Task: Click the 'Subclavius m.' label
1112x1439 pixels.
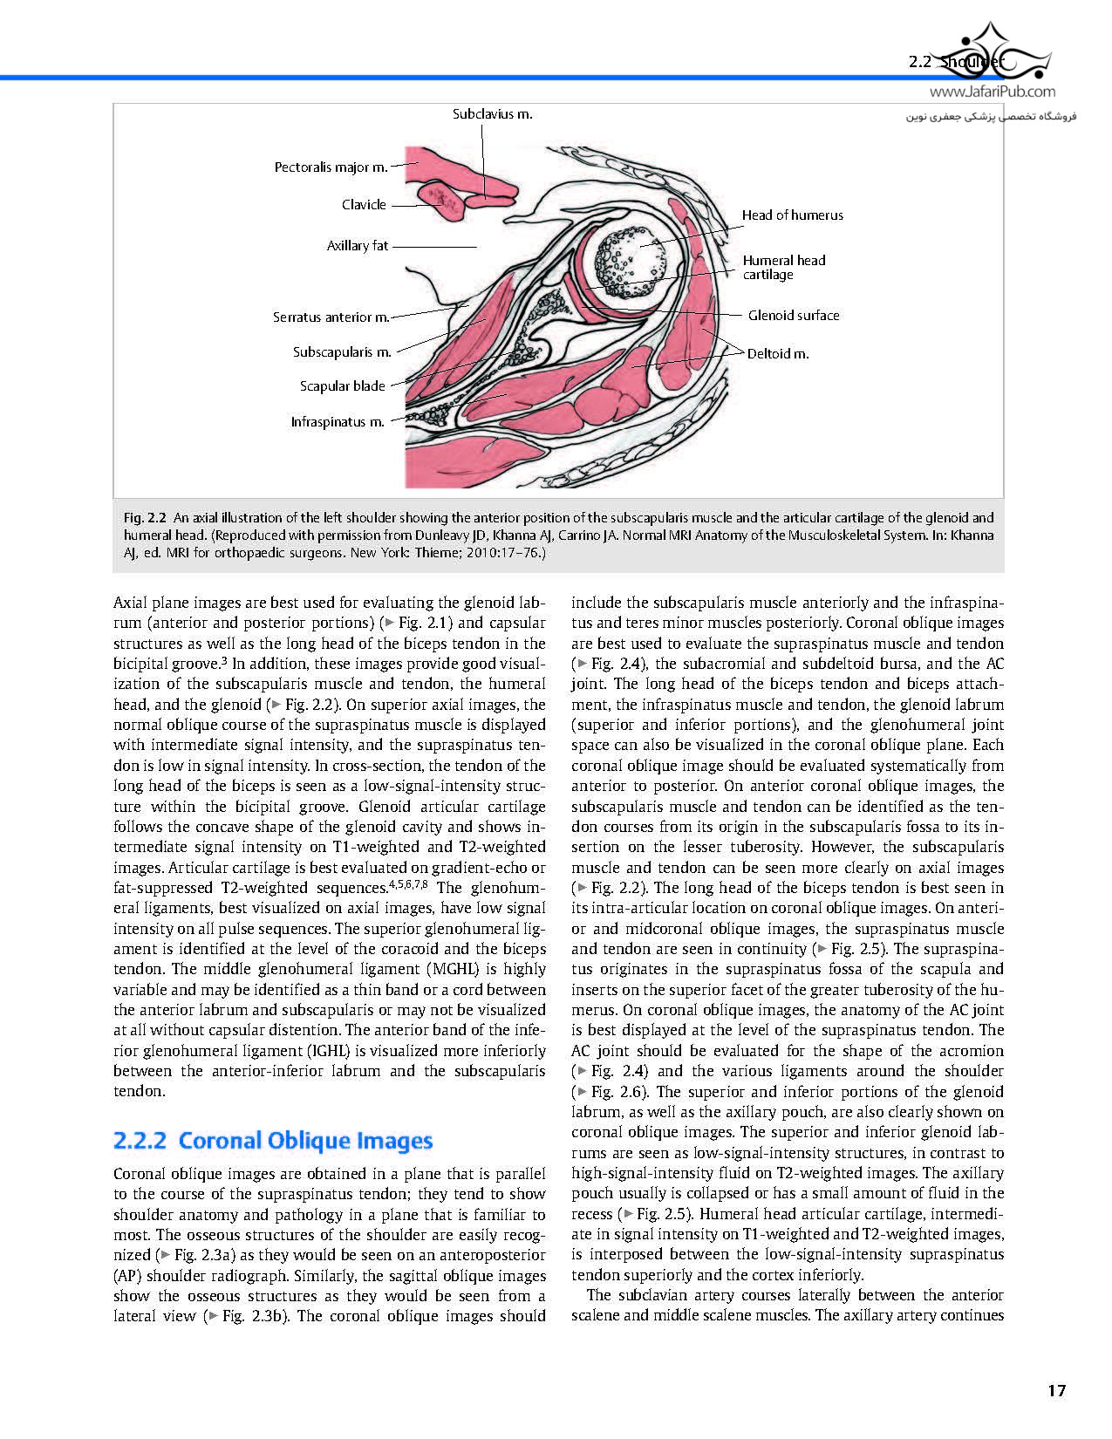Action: [492, 114]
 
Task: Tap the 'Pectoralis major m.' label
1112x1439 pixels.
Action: [331, 167]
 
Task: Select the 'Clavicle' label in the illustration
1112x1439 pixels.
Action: [364, 205]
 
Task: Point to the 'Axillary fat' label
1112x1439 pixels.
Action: [358, 246]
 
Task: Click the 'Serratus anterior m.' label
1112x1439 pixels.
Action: [331, 317]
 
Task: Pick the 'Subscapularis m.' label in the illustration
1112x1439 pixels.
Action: [342, 352]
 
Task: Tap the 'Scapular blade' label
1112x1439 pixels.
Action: [343, 386]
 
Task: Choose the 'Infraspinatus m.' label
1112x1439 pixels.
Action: [338, 422]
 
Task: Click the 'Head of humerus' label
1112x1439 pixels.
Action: [792, 215]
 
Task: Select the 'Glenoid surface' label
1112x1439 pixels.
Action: [793, 316]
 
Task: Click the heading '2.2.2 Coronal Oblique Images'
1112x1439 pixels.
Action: [273, 1141]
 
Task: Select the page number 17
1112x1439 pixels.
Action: [1056, 1391]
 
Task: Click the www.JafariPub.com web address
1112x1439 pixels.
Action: [992, 92]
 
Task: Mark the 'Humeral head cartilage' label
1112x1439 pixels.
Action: [783, 267]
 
